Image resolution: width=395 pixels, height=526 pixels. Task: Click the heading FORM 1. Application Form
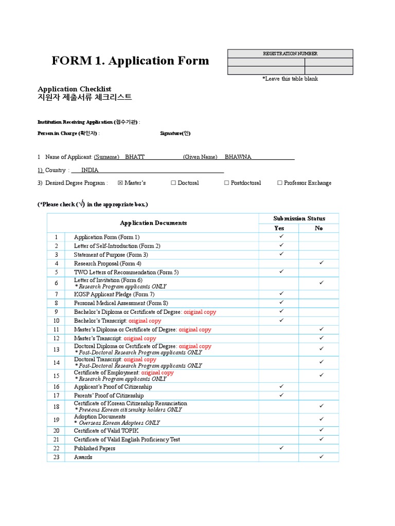[x=130, y=61]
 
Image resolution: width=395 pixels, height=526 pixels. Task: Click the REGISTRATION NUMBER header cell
[x=290, y=53]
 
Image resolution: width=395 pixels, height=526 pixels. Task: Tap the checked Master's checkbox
[x=120, y=183]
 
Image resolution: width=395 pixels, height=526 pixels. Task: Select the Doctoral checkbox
[x=173, y=183]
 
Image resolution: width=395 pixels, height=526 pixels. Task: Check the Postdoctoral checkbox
[x=227, y=183]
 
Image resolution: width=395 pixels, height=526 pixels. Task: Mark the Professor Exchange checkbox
[x=280, y=183]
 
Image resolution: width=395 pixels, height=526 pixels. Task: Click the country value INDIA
[x=89, y=170]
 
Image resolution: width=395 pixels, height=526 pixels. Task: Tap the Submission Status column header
[x=299, y=218]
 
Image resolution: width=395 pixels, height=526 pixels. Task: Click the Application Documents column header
[x=153, y=223]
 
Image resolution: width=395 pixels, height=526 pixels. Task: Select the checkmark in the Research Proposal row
[x=321, y=263]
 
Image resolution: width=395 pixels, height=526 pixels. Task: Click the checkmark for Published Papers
[x=281, y=448]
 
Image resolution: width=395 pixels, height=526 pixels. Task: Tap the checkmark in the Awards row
[x=321, y=457]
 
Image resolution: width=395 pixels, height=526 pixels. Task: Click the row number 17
[x=56, y=396]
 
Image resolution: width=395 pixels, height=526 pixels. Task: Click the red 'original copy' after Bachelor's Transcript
[x=145, y=321]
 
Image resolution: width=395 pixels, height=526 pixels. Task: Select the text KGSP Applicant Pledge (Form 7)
[x=114, y=294]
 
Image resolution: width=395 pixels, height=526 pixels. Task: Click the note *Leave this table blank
[x=290, y=79]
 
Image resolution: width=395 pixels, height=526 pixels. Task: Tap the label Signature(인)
[x=175, y=134]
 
